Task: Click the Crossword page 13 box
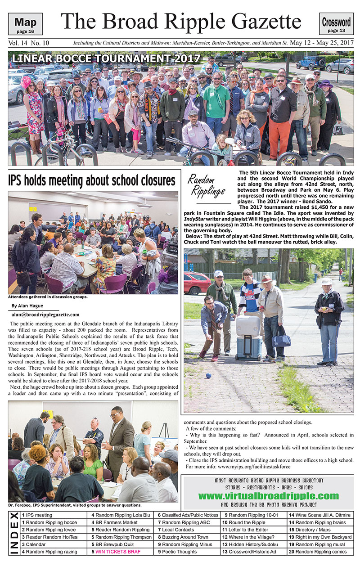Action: pyautogui.click(x=336, y=24)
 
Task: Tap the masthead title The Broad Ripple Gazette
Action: pyautogui.click(x=181, y=21)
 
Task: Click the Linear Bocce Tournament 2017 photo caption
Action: pyautogui.click(x=106, y=58)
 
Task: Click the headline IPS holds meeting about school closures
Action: pyautogui.click(x=91, y=180)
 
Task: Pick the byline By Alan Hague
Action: pyautogui.click(x=27, y=306)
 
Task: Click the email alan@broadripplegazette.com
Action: pyautogui.click(x=45, y=315)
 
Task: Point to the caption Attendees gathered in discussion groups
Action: pyautogui.click(x=48, y=297)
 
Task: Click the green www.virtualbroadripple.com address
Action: pyautogui.click(x=268, y=496)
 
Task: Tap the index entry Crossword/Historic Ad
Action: pyautogui.click(x=252, y=552)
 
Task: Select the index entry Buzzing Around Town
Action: pyautogui.click(x=185, y=537)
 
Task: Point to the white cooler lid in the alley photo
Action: pyautogui.click(x=248, y=324)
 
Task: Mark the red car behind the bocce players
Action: pyautogui.click(x=197, y=283)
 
